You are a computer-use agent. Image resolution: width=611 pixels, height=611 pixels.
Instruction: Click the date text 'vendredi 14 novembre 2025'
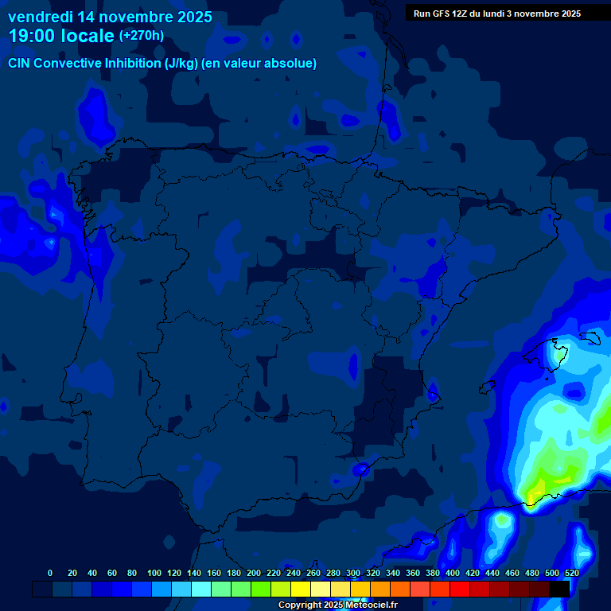point(110,16)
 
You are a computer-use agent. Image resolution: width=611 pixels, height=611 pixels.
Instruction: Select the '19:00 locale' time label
point(61,36)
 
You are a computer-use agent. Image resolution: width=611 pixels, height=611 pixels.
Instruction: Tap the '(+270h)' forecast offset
point(141,35)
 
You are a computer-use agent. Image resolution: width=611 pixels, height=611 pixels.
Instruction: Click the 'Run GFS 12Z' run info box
point(497,13)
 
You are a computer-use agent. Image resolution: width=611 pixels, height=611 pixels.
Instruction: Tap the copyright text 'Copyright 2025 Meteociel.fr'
point(337,605)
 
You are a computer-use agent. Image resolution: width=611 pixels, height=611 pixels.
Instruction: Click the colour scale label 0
point(50,573)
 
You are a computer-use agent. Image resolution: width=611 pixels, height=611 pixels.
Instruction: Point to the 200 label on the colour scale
point(254,573)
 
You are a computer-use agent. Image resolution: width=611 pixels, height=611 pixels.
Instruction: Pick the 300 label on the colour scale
point(353,573)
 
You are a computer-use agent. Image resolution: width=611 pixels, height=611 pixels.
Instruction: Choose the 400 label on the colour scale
point(453,573)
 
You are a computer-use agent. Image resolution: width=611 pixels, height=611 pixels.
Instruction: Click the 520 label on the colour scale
point(572,573)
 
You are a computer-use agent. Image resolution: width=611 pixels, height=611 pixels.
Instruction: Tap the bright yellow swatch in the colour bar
point(301,589)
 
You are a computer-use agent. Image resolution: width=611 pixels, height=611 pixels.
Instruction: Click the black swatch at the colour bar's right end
point(559,589)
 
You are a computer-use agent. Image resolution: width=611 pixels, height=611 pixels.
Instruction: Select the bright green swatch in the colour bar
point(261,589)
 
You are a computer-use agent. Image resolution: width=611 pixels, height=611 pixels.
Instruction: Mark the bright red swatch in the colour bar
point(460,589)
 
